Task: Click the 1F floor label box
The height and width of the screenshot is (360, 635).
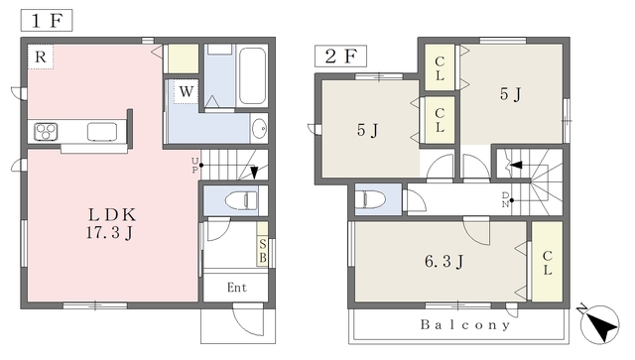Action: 47,20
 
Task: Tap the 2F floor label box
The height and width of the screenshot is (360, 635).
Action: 340,56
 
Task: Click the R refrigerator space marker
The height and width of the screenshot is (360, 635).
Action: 41,57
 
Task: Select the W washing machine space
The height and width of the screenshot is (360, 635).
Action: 186,91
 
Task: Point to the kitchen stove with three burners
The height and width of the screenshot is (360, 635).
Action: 46,132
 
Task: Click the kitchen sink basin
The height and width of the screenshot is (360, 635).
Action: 102,132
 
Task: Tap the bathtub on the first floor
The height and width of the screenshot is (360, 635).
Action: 252,75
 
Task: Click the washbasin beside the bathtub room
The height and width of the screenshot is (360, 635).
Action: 259,128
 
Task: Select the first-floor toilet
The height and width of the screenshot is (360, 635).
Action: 241,200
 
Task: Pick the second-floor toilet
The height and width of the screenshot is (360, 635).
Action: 369,199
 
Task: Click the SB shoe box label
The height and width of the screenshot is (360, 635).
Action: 262,251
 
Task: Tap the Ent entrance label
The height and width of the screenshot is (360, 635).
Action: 237,288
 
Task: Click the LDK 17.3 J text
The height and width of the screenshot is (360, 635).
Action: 110,223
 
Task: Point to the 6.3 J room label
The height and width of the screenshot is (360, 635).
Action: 444,262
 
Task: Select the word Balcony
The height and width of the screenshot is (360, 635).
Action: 465,324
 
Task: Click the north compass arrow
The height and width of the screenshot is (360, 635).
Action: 599,324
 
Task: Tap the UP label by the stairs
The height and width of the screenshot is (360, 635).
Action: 194,166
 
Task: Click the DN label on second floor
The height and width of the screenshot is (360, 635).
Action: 505,200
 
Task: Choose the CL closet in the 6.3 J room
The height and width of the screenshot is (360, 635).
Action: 547,262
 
